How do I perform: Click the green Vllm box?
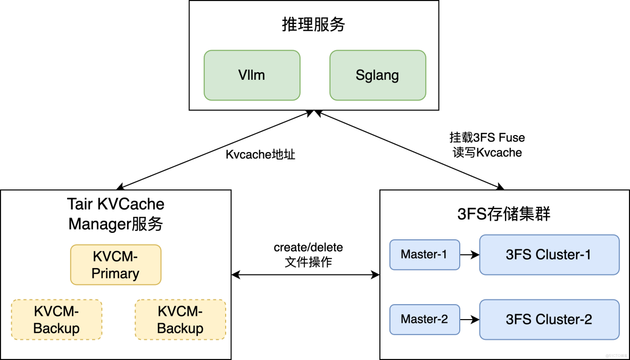pyautogui.click(x=252, y=75)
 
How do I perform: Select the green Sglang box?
pyautogui.click(x=377, y=75)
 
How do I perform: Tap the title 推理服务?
pyautogui.click(x=313, y=24)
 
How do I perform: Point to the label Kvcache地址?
pyautogui.click(x=260, y=155)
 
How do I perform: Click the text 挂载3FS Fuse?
pyautogui.click(x=487, y=138)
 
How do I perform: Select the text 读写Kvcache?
pyautogui.click(x=487, y=152)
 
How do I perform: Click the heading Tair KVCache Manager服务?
pyautogui.click(x=116, y=214)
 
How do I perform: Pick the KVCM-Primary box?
pyautogui.click(x=115, y=265)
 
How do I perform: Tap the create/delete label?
pyautogui.click(x=308, y=247)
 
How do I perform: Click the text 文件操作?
pyautogui.click(x=308, y=262)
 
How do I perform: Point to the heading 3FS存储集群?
pyautogui.click(x=504, y=214)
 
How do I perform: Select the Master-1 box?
pyautogui.click(x=424, y=255)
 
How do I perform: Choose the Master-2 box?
pyautogui.click(x=424, y=320)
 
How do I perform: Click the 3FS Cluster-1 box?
pyautogui.click(x=549, y=255)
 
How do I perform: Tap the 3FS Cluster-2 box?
pyautogui.click(x=549, y=320)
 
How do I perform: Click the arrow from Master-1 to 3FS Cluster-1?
pyautogui.click(x=469, y=255)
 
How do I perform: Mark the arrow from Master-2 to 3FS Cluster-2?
pyautogui.click(x=469, y=320)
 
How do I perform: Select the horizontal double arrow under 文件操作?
pyautogui.click(x=305, y=275)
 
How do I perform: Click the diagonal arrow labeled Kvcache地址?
pyautogui.click(x=213, y=150)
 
